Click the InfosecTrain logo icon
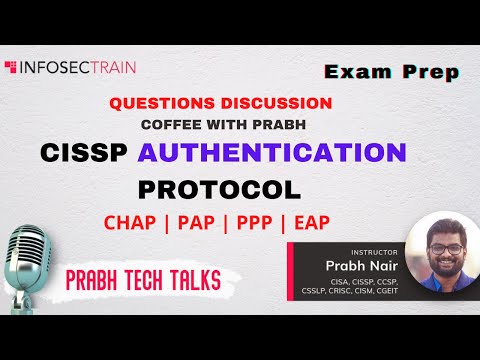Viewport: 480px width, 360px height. [12, 68]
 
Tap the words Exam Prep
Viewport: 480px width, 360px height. [392, 72]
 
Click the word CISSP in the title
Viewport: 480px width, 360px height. [85, 153]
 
